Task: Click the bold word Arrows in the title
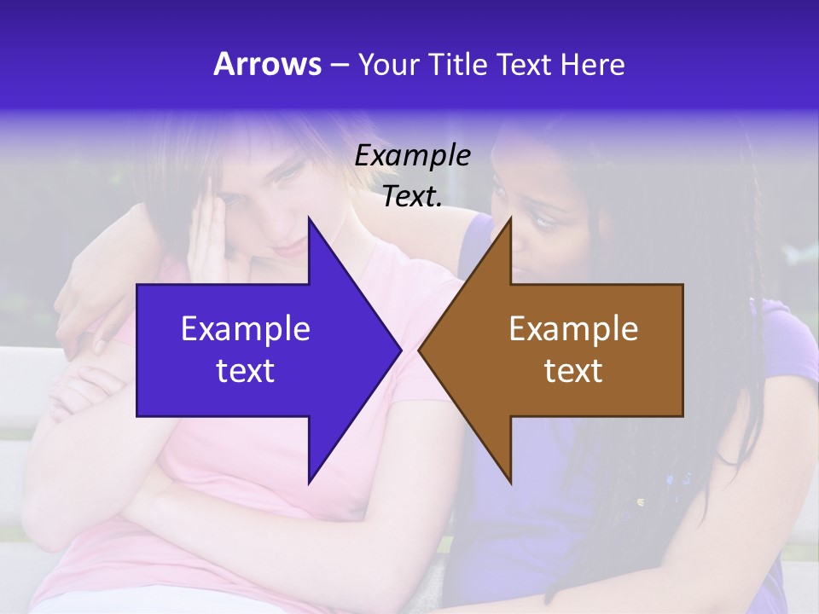point(267,64)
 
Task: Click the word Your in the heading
point(389,65)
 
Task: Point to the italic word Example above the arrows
point(412,156)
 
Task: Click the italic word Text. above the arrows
point(412,197)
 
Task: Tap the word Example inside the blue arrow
point(246,329)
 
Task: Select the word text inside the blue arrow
point(246,371)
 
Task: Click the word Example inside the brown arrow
point(573,329)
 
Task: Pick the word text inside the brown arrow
point(573,371)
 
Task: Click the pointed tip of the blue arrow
point(401,350)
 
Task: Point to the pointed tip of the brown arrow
point(419,350)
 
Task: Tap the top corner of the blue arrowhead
point(309,217)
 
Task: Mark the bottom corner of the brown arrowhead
point(510,483)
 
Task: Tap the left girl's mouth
point(293,246)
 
